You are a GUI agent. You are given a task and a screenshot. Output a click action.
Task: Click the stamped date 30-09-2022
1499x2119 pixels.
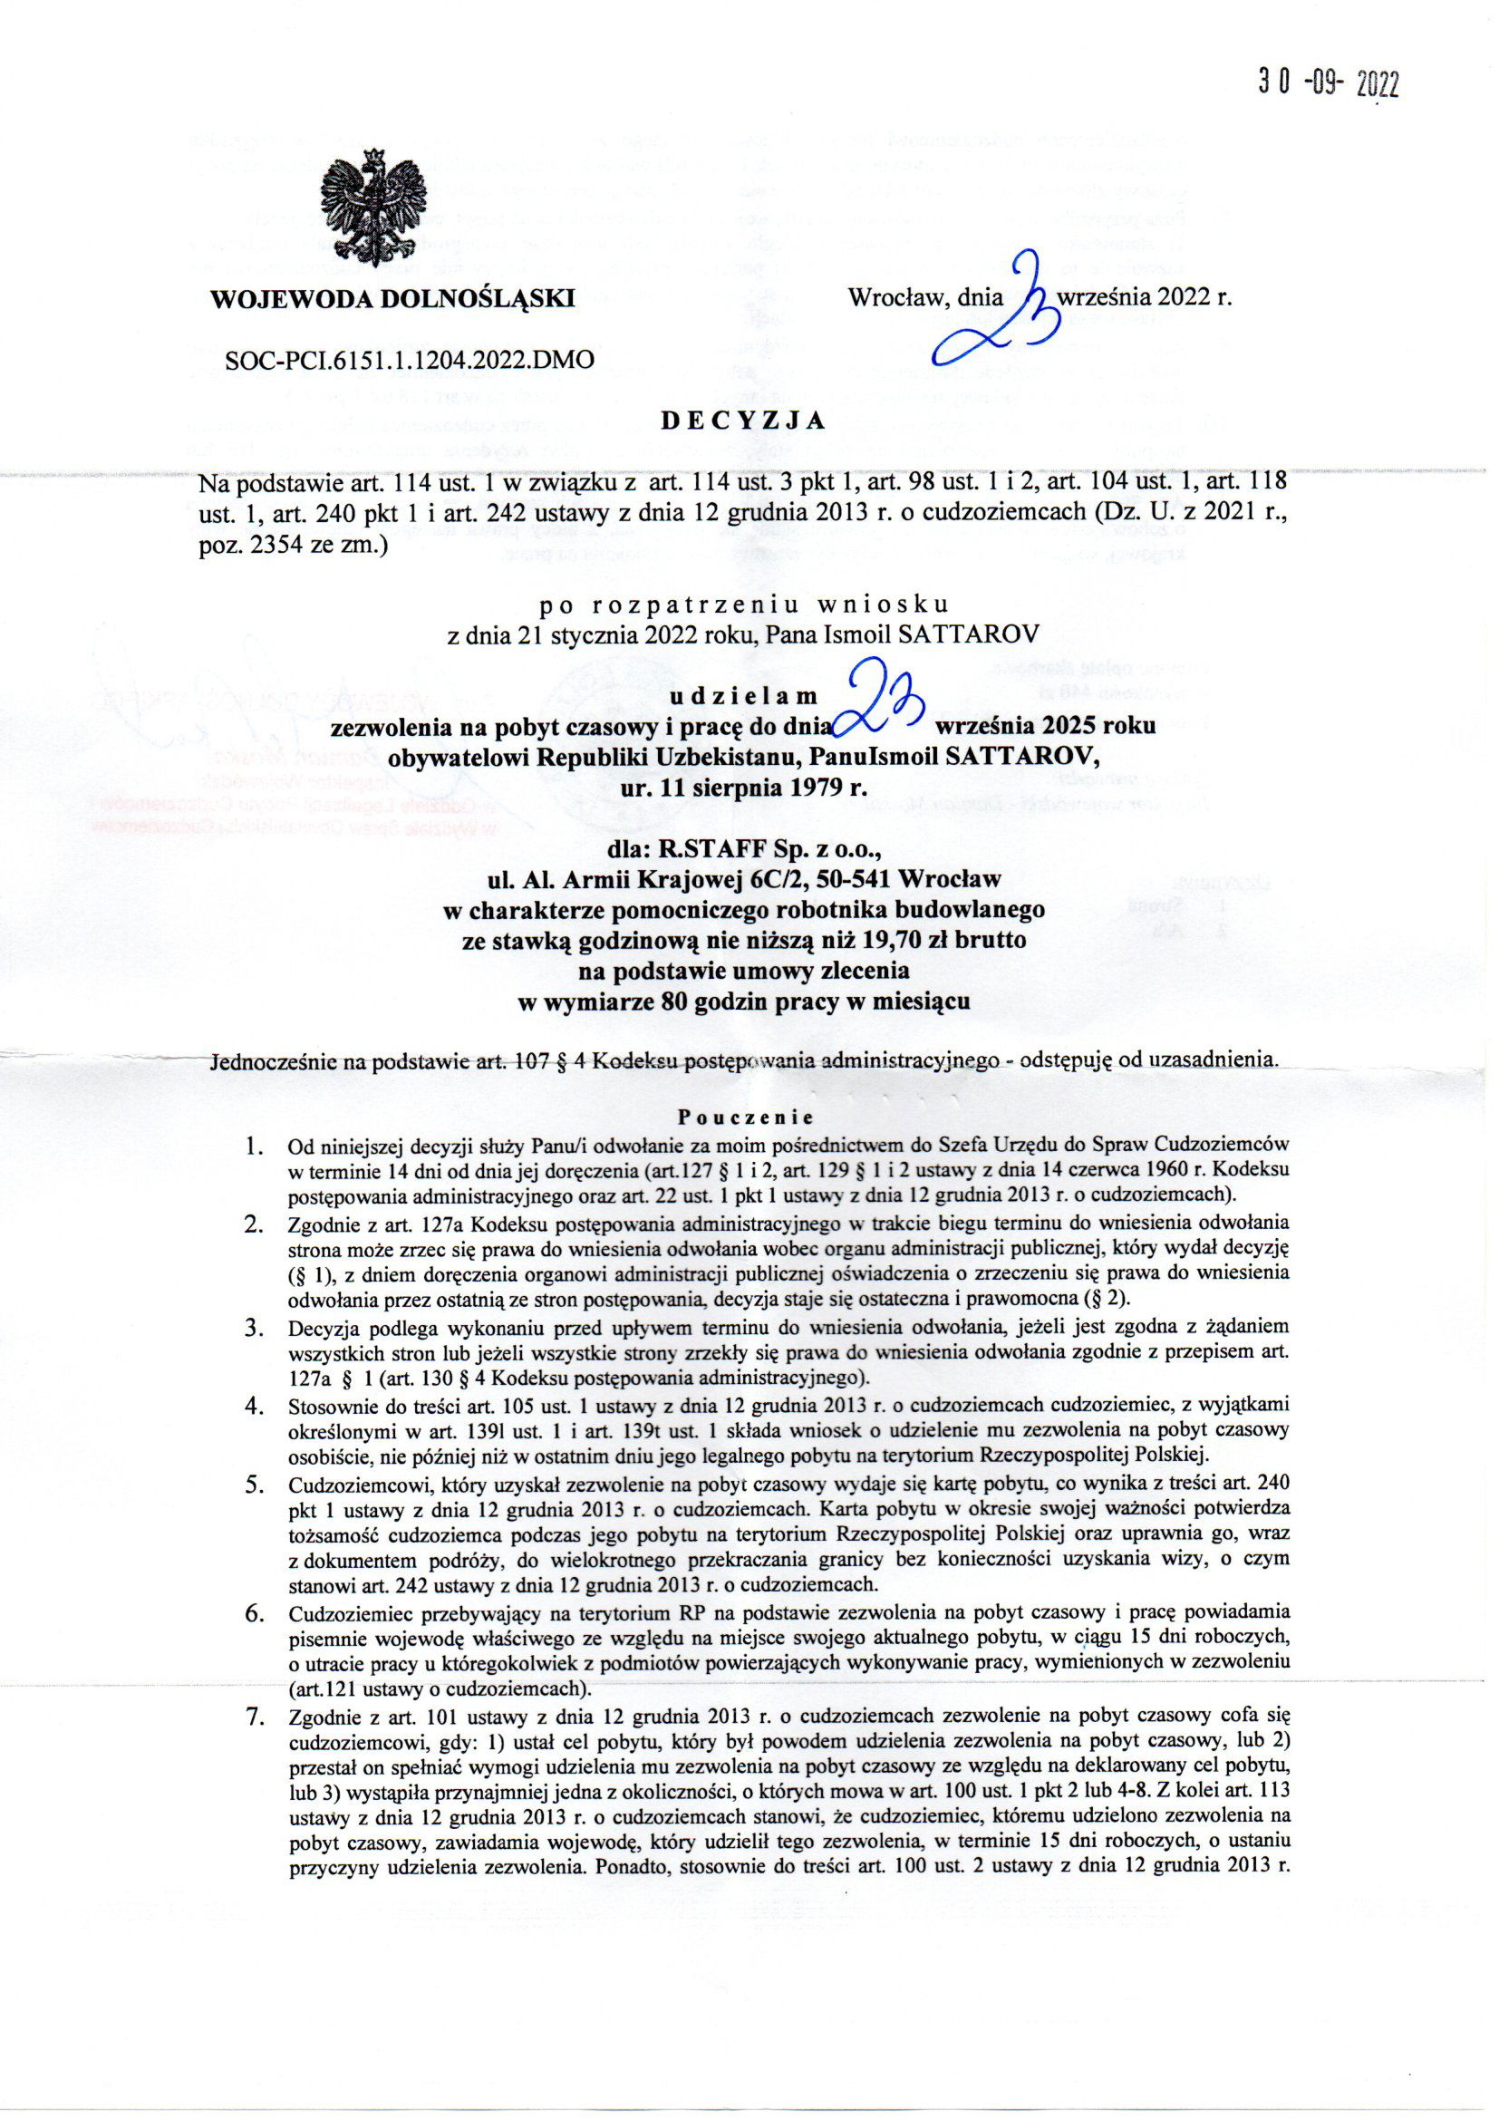pyautogui.click(x=1328, y=84)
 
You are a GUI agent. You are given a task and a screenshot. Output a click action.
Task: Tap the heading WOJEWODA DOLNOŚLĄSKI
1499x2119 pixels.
pyautogui.click(x=393, y=298)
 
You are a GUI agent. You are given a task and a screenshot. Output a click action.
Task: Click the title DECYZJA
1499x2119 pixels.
pyautogui.click(x=743, y=421)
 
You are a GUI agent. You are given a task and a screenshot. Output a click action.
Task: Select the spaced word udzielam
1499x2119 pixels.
pyautogui.click(x=743, y=694)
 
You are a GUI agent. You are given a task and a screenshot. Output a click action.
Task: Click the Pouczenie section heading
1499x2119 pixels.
pyautogui.click(x=744, y=1115)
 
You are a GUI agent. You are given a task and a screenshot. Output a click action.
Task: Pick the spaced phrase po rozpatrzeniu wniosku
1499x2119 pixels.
pyautogui.click(x=743, y=605)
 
